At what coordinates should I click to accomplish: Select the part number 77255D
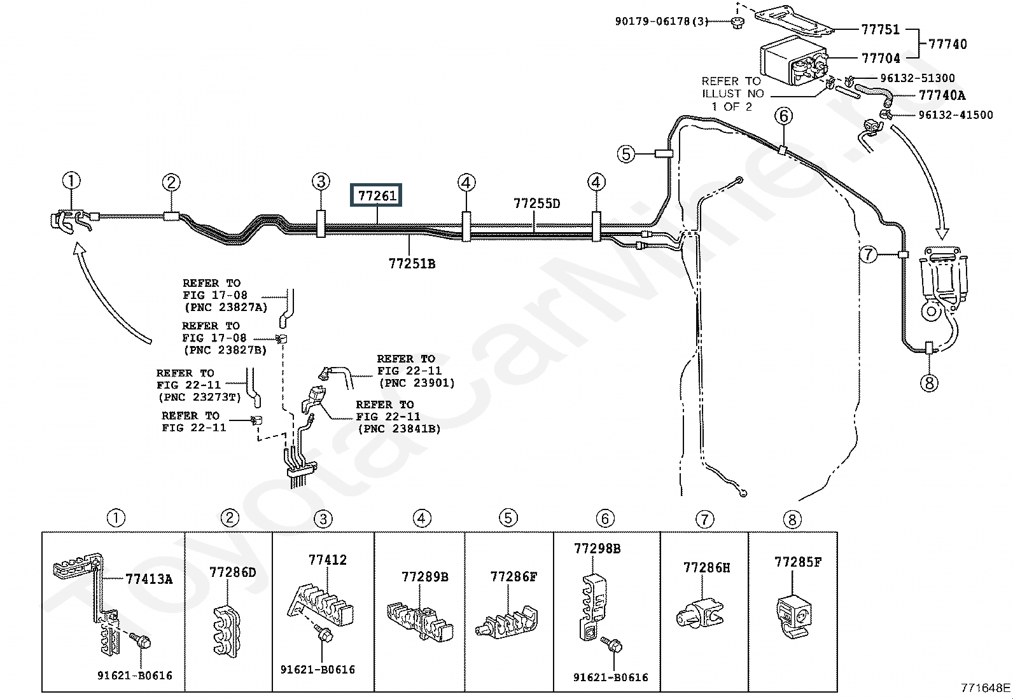click(537, 204)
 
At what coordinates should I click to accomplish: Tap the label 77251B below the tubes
click(412, 263)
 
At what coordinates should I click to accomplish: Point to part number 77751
click(881, 30)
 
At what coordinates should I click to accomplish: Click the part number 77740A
click(942, 95)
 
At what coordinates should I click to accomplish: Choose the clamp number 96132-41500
click(956, 115)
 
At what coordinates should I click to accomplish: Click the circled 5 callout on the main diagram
click(626, 154)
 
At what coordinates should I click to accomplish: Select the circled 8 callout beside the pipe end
click(930, 384)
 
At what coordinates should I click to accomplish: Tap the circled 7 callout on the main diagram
click(869, 254)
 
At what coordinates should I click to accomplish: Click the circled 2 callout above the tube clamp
click(171, 183)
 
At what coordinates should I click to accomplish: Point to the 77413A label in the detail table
click(150, 579)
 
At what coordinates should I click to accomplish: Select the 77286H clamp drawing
click(700, 614)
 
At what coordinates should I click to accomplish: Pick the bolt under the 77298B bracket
click(611, 645)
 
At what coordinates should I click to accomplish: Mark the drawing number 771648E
click(986, 688)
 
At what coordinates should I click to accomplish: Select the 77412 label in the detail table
click(328, 560)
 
